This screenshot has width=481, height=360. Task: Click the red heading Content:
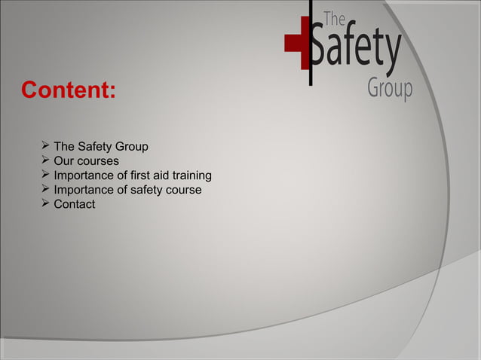pyautogui.click(x=69, y=90)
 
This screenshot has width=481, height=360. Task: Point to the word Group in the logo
pyautogui.click(x=390, y=89)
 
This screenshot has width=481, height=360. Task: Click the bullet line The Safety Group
pyautogui.click(x=101, y=146)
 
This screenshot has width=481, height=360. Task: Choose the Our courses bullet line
pyautogui.click(x=86, y=160)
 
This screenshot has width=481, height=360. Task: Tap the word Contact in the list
pyautogui.click(x=74, y=204)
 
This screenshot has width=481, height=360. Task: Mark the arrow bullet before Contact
pyautogui.click(x=45, y=203)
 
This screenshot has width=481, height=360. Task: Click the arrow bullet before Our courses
pyautogui.click(x=45, y=160)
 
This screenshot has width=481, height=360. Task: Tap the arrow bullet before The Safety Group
pyautogui.click(x=45, y=145)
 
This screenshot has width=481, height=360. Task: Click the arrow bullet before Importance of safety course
pyautogui.click(x=45, y=189)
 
